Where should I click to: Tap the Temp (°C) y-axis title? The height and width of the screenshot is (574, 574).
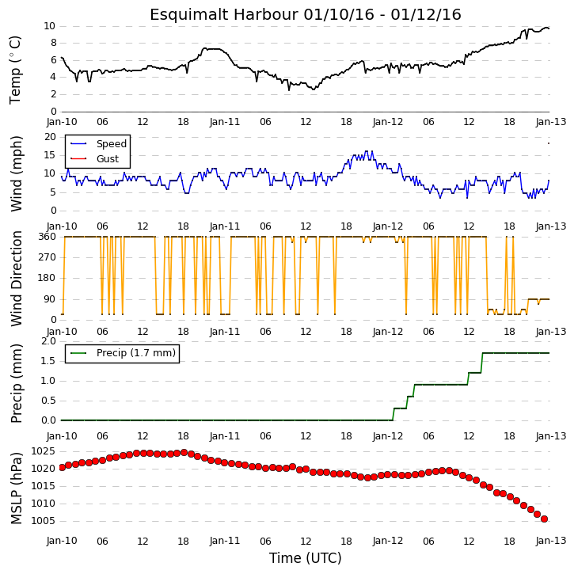(15, 70)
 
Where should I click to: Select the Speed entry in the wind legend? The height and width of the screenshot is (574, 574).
(112, 144)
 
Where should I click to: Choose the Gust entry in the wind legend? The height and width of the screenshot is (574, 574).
(108, 159)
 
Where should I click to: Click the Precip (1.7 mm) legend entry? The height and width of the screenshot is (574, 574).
(136, 353)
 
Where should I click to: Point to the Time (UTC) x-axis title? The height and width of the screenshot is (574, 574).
(306, 558)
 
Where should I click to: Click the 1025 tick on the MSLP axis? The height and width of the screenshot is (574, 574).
(43, 451)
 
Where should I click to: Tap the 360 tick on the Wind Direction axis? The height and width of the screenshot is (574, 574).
(48, 237)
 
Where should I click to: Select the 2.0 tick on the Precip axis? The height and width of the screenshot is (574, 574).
(48, 341)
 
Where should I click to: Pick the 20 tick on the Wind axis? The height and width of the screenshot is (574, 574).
(50, 137)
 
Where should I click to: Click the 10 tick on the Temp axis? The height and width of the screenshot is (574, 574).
(49, 26)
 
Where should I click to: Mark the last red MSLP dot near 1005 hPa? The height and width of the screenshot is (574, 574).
(544, 519)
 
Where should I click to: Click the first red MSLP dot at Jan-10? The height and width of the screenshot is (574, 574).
(62, 467)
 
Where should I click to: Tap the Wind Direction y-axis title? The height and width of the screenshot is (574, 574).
(16, 279)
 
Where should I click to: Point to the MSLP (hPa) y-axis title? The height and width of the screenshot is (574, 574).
(16, 488)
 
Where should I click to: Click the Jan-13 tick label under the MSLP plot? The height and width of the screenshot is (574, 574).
(550, 541)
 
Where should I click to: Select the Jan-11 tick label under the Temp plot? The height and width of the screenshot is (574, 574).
(224, 122)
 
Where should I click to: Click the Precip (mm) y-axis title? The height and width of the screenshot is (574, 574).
(16, 383)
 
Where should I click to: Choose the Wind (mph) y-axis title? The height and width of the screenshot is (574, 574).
(16, 174)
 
